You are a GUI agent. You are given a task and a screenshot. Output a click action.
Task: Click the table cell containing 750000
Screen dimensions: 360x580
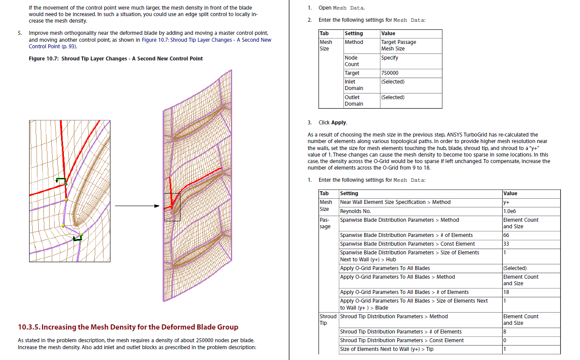click(390, 73)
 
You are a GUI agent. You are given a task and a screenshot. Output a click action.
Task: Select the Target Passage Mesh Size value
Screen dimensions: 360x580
click(398, 45)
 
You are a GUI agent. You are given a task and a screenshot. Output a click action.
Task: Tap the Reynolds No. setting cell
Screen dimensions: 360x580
click(355, 211)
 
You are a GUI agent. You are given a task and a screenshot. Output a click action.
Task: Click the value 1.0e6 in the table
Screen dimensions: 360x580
click(510, 211)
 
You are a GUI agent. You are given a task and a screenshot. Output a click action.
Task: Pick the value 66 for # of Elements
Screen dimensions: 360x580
click(507, 235)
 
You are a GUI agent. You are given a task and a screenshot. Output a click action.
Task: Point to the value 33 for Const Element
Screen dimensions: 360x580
click(507, 244)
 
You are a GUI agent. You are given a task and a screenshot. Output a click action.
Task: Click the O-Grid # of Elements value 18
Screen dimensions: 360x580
click(507, 292)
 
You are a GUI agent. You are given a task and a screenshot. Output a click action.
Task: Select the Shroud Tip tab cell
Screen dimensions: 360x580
click(328, 320)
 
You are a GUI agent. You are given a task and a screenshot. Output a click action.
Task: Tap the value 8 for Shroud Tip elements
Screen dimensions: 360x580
click(505, 332)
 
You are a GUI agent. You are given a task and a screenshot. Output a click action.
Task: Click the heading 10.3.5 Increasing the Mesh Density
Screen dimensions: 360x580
click(128, 327)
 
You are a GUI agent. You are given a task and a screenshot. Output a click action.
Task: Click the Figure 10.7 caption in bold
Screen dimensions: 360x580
click(116, 59)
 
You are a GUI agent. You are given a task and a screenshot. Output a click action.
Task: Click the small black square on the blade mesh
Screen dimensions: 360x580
click(172, 207)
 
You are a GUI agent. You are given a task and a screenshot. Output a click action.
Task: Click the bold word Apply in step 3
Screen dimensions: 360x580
click(339, 123)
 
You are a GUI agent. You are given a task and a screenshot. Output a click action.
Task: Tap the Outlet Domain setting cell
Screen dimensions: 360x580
click(354, 100)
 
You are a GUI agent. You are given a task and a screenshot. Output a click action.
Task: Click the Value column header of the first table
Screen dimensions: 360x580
click(388, 33)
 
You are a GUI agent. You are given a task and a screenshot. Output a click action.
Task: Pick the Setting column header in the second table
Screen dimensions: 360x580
click(349, 193)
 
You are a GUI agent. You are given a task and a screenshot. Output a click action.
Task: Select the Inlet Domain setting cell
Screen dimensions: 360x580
click(354, 85)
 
